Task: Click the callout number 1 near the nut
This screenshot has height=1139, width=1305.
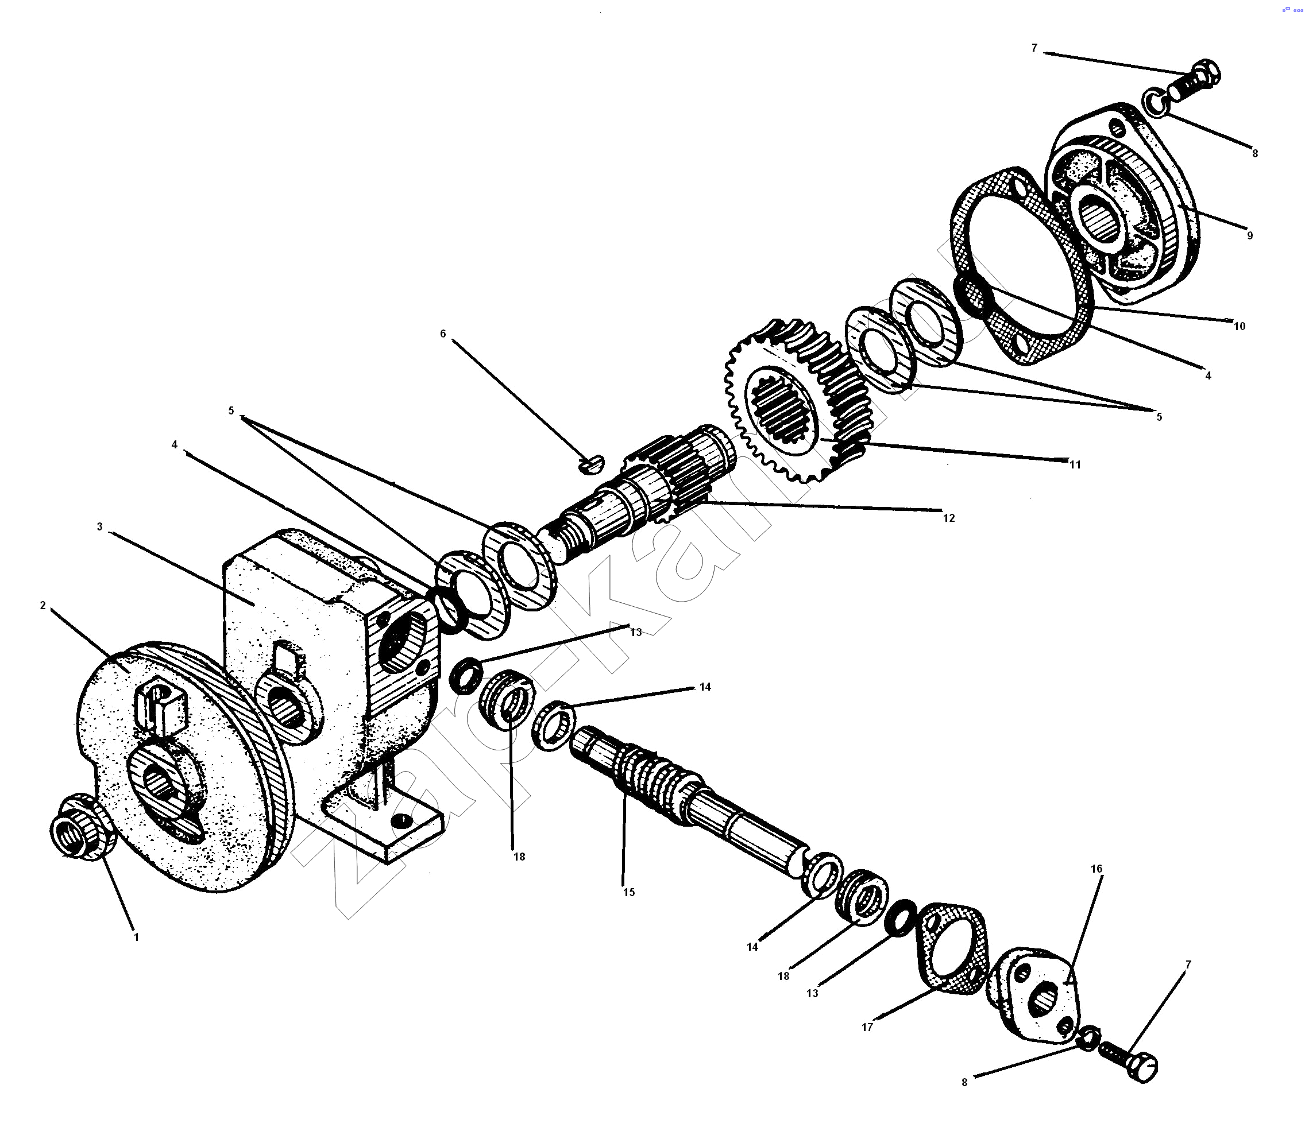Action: pyautogui.click(x=136, y=937)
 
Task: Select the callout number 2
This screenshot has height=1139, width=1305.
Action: pyautogui.click(x=43, y=605)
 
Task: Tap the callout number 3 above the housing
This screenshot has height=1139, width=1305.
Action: pyautogui.click(x=100, y=527)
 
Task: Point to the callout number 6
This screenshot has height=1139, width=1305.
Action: pyautogui.click(x=443, y=334)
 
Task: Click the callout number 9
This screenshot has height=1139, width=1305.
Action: pyautogui.click(x=1250, y=235)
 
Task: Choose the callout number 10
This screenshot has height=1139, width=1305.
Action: pyautogui.click(x=1240, y=326)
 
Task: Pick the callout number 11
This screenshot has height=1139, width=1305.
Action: pyautogui.click(x=1075, y=464)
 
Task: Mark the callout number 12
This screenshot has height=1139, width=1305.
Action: pyautogui.click(x=949, y=518)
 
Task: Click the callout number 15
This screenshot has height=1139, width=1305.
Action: pyautogui.click(x=629, y=892)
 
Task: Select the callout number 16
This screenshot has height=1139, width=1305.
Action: pyautogui.click(x=1096, y=869)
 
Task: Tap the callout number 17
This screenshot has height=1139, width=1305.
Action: pyautogui.click(x=867, y=1026)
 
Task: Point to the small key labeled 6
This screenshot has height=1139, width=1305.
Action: pyautogui.click(x=592, y=465)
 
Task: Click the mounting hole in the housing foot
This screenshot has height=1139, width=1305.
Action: pyautogui.click(x=399, y=820)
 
